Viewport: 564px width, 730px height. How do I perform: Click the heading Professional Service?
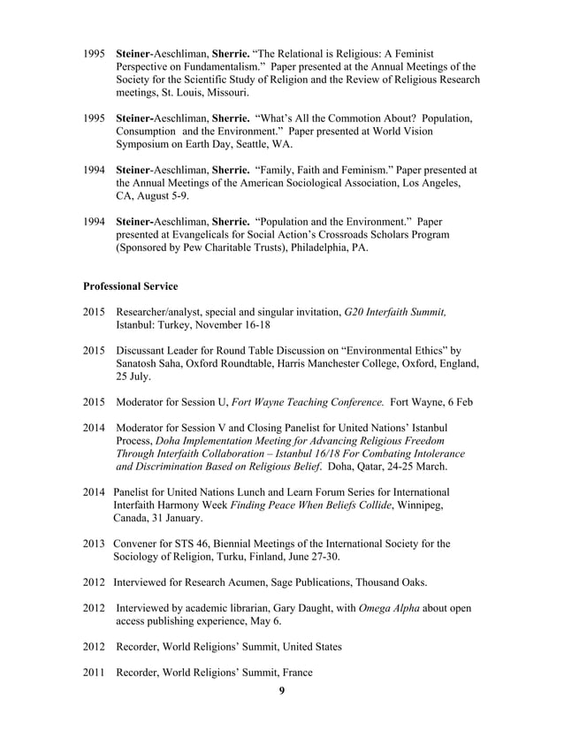tap(130, 286)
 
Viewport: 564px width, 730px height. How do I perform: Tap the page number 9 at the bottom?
tap(282, 690)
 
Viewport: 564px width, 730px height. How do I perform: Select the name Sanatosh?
tap(141, 364)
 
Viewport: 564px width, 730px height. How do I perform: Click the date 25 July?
tap(133, 376)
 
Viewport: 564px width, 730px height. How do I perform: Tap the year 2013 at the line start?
tap(95, 544)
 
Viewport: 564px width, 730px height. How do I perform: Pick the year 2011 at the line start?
tap(95, 673)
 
